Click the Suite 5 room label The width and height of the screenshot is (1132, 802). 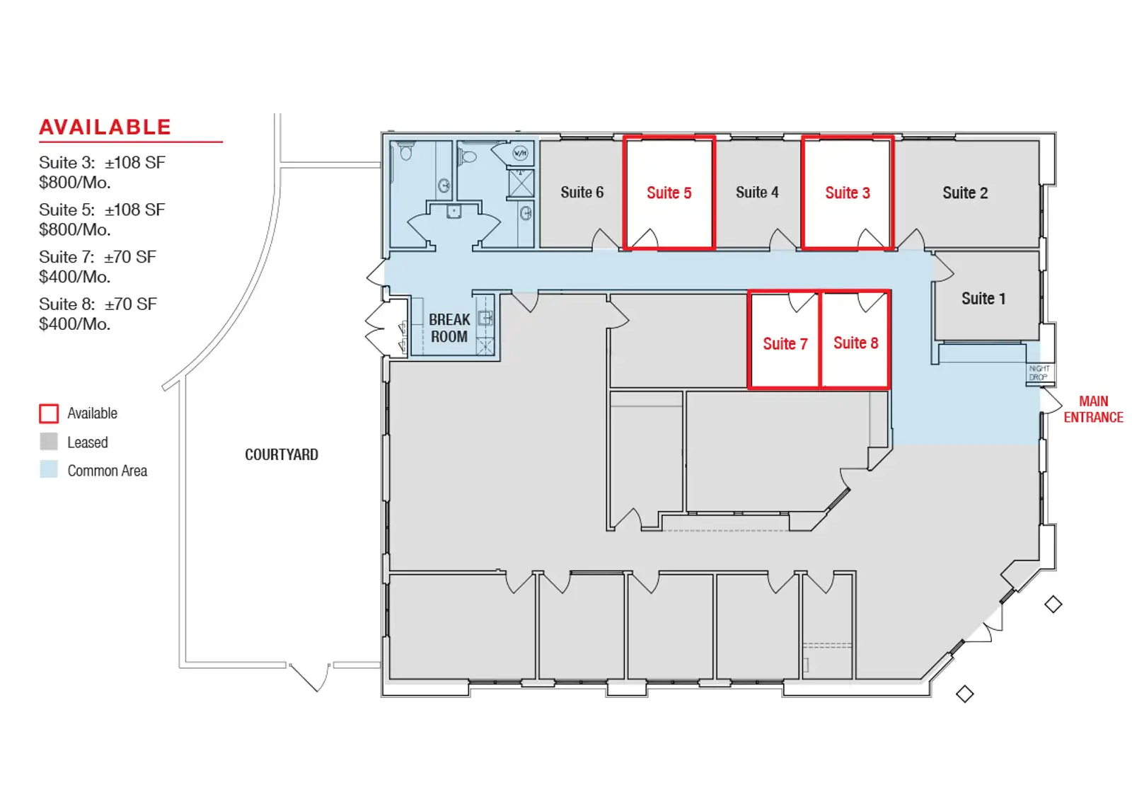[669, 193]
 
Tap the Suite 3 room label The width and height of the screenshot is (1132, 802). [848, 193]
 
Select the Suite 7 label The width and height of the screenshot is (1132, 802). [785, 344]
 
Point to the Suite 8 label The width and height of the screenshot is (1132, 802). [855, 343]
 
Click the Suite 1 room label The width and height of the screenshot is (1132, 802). [983, 298]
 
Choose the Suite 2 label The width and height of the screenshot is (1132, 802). [965, 193]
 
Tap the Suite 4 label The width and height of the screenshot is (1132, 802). [756, 192]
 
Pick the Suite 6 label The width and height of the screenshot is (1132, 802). [582, 192]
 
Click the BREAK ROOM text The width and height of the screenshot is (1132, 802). [449, 328]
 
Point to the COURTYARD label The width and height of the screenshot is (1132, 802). [282, 454]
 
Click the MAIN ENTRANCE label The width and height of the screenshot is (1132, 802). [1093, 409]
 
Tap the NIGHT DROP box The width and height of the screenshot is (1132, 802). [1039, 373]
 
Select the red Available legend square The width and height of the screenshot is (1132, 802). [49, 413]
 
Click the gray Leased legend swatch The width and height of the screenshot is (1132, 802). [49, 442]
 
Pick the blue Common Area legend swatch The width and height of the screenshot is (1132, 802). [49, 469]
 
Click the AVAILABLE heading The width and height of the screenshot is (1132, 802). [105, 127]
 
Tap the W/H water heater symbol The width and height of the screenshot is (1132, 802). [520, 153]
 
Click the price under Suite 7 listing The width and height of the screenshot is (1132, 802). [75, 277]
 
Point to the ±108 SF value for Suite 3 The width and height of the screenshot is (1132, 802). [134, 162]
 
